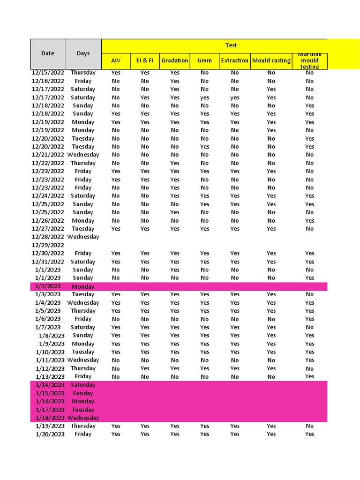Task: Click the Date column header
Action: pyautogui.click(x=48, y=53)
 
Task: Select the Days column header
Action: pyautogui.click(x=83, y=53)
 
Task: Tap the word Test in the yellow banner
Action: pyautogui.click(x=231, y=45)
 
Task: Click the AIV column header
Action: pyautogui.click(x=116, y=60)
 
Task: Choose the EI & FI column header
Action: pyautogui.click(x=145, y=60)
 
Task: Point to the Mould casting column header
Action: pyautogui.click(x=271, y=60)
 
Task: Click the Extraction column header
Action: pyautogui.click(x=234, y=60)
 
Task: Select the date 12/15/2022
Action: pyautogui.click(x=48, y=73)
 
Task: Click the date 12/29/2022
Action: pyautogui.click(x=48, y=245)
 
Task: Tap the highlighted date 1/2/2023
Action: pyautogui.click(x=48, y=286)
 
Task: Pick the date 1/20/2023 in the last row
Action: pyautogui.click(x=50, y=434)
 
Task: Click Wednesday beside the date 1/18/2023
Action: pyautogui.click(x=83, y=418)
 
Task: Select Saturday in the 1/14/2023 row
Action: pyautogui.click(x=83, y=385)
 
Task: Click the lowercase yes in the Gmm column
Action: pyautogui.click(x=205, y=97)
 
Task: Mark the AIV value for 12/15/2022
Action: pyautogui.click(x=116, y=73)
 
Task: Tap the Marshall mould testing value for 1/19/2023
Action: pyautogui.click(x=310, y=426)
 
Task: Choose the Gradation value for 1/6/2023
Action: pyautogui.click(x=175, y=319)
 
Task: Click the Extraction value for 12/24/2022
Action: pyautogui.click(x=235, y=196)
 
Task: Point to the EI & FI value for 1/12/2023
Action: pyautogui.click(x=145, y=368)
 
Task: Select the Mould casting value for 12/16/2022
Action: pyautogui.click(x=271, y=81)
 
